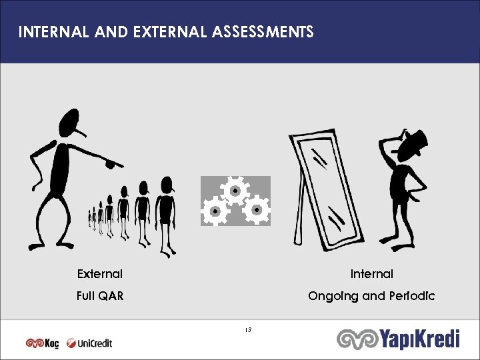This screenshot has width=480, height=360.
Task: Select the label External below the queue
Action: pos(100,274)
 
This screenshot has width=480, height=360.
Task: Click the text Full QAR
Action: pos(100,296)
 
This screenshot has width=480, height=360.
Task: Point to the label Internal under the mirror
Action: pos(372,274)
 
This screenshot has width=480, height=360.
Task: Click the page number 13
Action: pos(247,329)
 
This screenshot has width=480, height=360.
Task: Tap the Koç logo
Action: pos(43,343)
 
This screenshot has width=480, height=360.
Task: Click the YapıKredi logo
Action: pos(399,339)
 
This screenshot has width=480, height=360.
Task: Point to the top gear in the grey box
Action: pos(235,191)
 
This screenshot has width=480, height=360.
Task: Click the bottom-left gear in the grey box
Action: pos(215,211)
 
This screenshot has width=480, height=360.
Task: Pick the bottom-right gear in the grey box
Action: pos(256,211)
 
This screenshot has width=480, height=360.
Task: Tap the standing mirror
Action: pos(325,190)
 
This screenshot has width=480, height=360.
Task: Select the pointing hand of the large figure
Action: pos(113,161)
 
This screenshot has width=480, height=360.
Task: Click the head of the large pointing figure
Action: pos(71,123)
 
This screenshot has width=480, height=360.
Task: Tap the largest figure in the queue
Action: pos(165,213)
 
